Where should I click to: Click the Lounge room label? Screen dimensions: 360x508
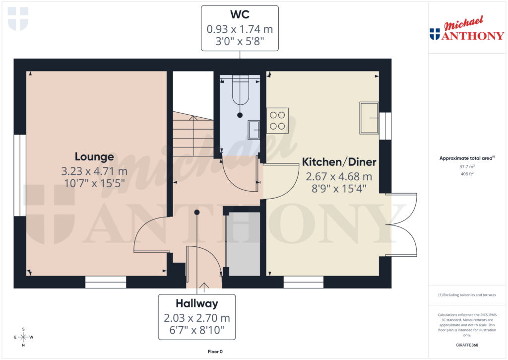point(94,157)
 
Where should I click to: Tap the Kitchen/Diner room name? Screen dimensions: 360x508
point(339,162)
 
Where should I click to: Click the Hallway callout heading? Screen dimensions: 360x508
point(197,303)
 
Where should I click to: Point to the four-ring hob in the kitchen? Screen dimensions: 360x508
point(278,121)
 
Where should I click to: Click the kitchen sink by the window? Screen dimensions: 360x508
point(369,118)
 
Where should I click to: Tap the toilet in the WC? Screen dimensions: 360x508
point(240,92)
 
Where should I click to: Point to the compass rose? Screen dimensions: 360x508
point(23,337)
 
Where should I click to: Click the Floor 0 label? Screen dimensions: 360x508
point(215,352)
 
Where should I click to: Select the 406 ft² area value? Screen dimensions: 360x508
point(467,174)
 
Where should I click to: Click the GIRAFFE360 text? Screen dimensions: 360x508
point(467,345)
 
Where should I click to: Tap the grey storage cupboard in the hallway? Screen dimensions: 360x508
point(243,243)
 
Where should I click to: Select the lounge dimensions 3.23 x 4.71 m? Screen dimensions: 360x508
point(94,171)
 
